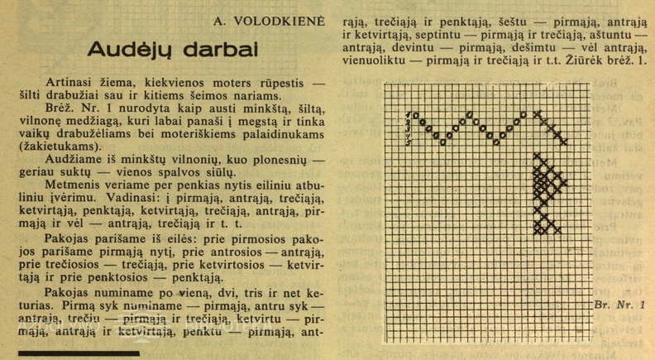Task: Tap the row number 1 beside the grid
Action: [409, 114]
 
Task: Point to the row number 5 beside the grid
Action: [409, 142]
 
